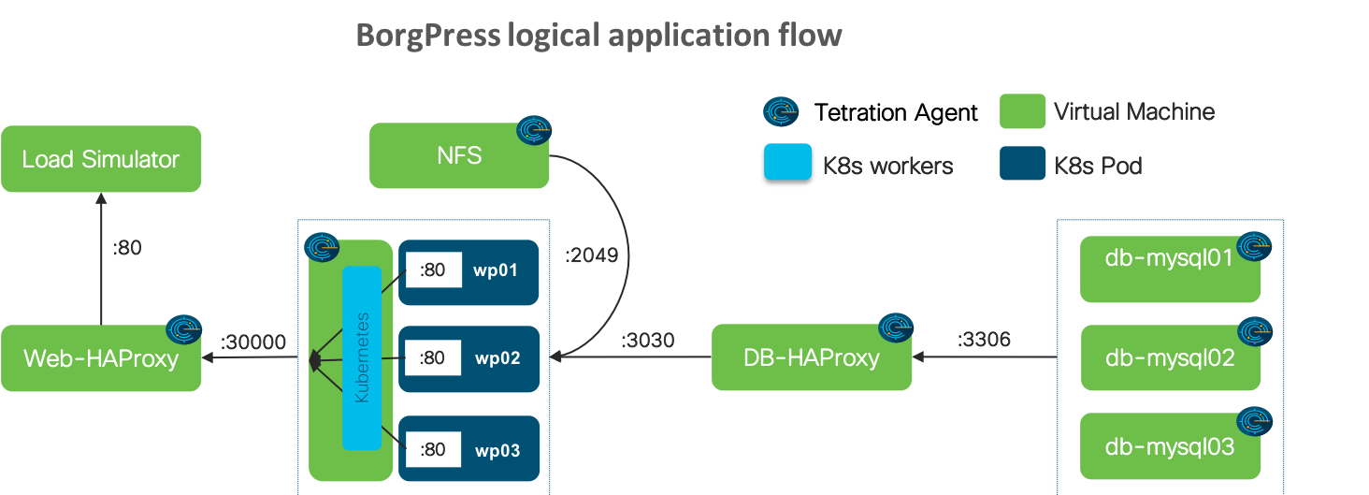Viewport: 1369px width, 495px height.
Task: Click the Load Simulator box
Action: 101,159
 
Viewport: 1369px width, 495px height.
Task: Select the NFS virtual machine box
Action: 459,155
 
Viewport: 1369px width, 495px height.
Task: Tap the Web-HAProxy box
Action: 101,358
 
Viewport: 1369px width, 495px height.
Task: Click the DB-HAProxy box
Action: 812,357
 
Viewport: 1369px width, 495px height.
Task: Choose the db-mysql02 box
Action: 1170,357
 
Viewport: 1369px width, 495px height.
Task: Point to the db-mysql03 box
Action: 1170,446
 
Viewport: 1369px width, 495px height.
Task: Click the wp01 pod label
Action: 497,271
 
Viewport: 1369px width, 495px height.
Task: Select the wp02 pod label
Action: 497,358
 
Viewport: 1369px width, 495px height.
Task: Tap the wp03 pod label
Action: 497,450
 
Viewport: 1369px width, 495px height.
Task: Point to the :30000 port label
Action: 252,342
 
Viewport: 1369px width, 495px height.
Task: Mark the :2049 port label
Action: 591,255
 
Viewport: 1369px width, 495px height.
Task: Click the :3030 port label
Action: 647,341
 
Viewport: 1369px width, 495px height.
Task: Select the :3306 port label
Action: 984,340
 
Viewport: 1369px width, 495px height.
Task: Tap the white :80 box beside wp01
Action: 433,270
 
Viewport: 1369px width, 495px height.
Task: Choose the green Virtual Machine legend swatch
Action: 1022,110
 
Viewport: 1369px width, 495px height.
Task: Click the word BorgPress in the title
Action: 428,36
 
